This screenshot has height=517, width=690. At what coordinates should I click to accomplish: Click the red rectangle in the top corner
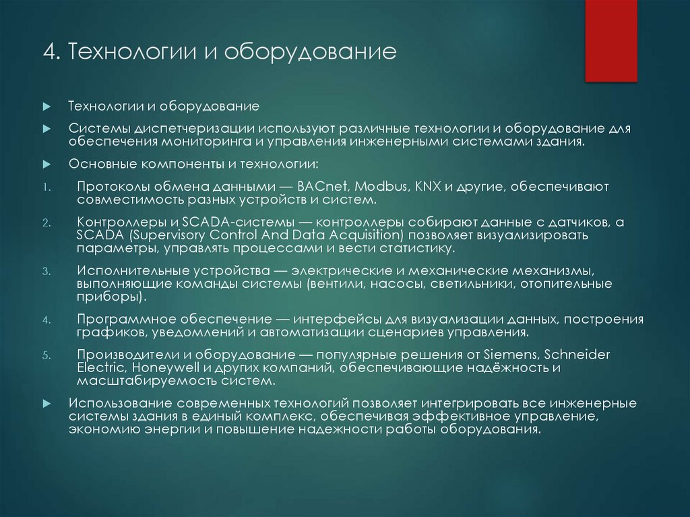point(610,40)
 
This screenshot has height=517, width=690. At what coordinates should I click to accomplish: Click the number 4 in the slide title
point(48,52)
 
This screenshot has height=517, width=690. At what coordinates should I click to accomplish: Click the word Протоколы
point(110,187)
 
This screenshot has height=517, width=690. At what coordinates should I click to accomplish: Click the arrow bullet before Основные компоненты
point(46,164)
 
